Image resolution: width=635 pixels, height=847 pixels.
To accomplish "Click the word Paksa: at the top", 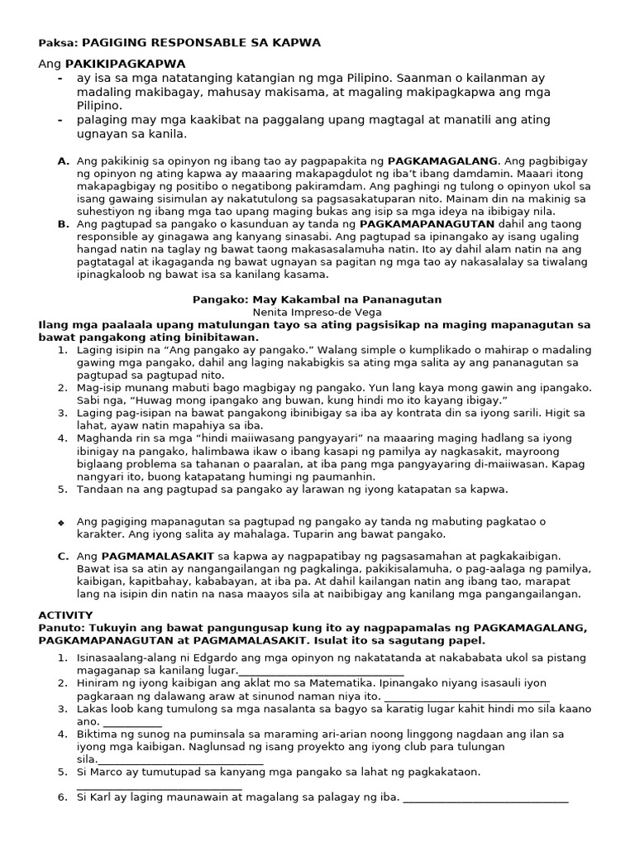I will coord(56,42).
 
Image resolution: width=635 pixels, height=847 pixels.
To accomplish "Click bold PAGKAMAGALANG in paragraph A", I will coord(443,160).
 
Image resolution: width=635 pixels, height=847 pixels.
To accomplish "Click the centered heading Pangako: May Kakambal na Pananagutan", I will coord(317,299).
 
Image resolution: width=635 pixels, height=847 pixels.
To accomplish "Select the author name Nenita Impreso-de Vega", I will coord(317,312).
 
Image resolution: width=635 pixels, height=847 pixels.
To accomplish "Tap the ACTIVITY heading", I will coord(65,615).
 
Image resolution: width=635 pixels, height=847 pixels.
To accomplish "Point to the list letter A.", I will coord(63,160).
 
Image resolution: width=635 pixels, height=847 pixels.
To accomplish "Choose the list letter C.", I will coord(63,556).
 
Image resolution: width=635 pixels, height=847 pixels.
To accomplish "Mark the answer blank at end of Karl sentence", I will coord(486,800).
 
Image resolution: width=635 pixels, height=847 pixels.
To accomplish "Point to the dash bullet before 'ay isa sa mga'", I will coord(60,78).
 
